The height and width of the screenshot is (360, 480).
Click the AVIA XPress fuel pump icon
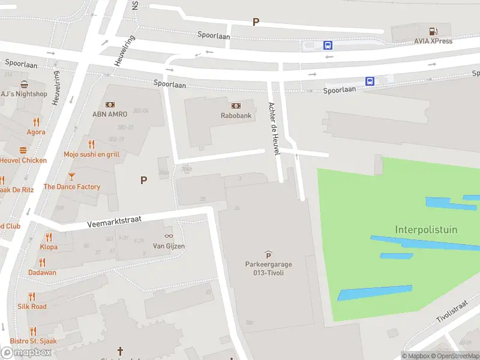(x=432, y=31)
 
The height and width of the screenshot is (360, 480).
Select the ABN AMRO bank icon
(x=110, y=104)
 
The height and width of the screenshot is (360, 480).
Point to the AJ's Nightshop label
(x=23, y=94)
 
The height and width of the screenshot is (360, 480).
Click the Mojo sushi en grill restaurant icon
(x=92, y=144)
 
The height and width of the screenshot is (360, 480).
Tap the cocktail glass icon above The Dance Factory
(x=71, y=176)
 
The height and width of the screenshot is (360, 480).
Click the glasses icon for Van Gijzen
(x=168, y=236)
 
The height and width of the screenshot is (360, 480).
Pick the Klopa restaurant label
(x=49, y=247)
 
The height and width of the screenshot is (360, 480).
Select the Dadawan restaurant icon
(x=42, y=262)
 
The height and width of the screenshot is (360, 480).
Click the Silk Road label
(x=32, y=307)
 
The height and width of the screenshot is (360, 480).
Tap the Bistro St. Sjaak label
(x=33, y=341)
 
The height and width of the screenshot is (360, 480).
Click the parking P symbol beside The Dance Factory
(x=143, y=180)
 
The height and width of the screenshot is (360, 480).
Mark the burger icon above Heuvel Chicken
(x=23, y=150)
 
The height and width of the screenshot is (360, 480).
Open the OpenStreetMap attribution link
(x=455, y=356)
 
